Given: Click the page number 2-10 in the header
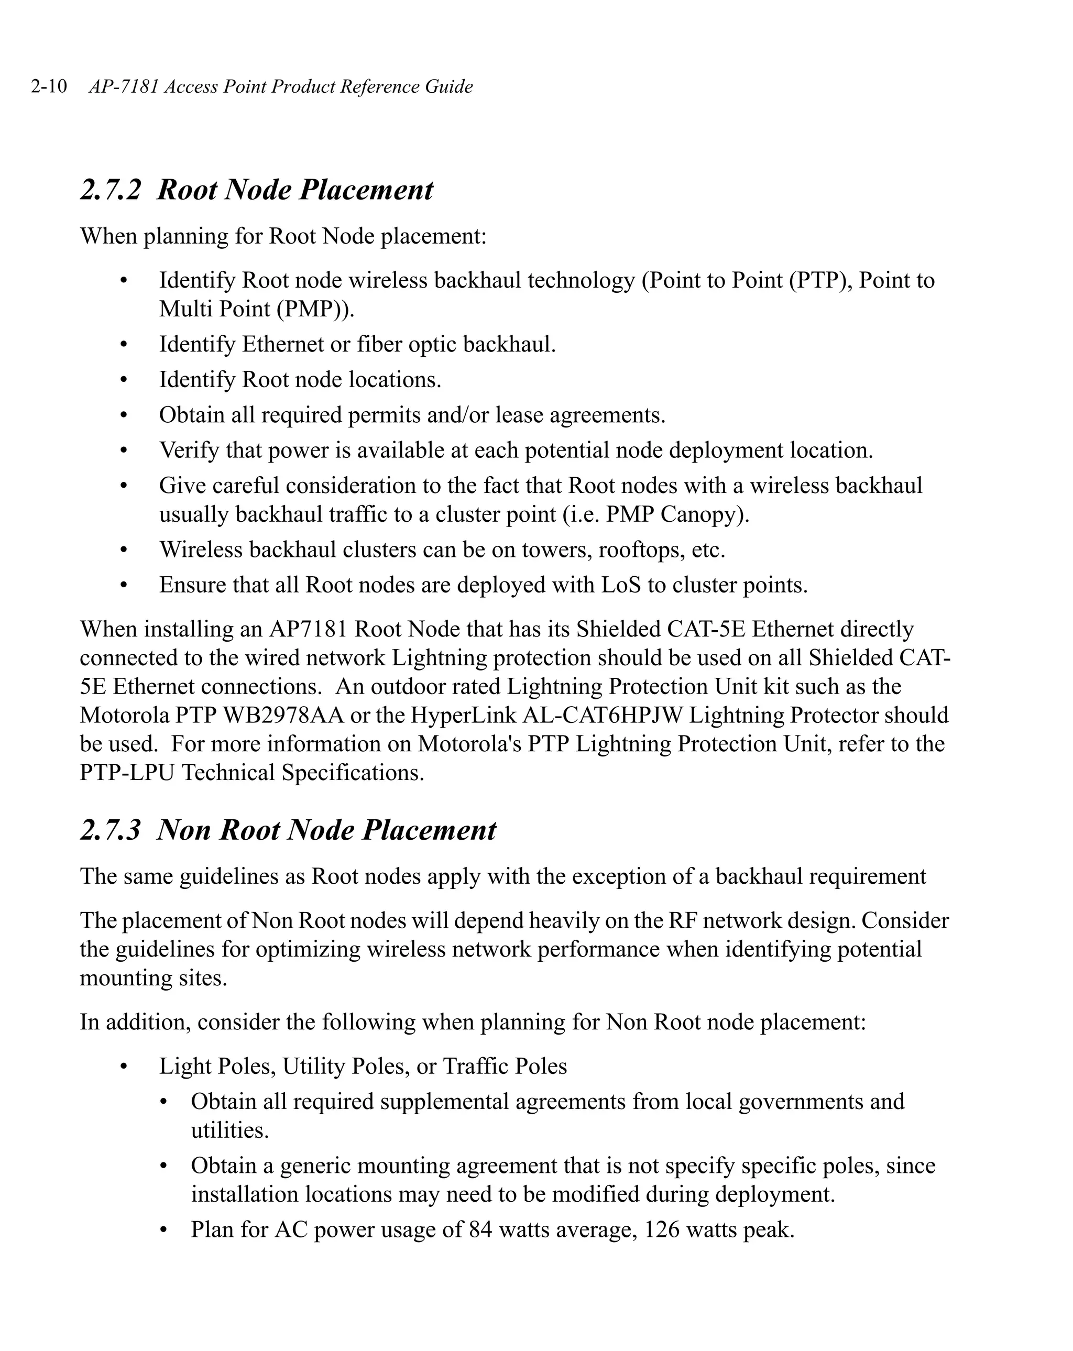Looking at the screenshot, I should tap(49, 86).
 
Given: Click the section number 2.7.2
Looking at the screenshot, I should tap(111, 190).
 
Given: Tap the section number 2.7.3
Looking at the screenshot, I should tap(111, 830).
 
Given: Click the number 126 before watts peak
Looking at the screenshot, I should tap(662, 1229).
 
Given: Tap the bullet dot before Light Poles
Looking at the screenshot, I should tap(124, 1067).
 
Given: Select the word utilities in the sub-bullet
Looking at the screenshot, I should tap(229, 1130).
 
